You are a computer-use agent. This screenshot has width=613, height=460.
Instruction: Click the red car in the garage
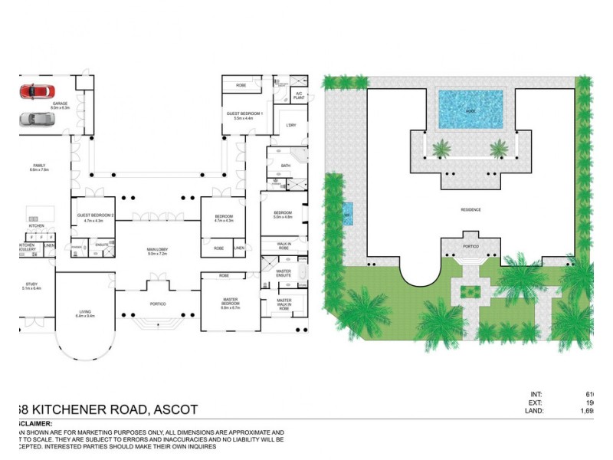click(36, 91)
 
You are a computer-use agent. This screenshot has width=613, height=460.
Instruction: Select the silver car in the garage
click(33, 119)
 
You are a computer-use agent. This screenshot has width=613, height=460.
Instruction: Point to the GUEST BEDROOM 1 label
click(244, 113)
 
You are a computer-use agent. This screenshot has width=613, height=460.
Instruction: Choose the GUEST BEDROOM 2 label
click(96, 215)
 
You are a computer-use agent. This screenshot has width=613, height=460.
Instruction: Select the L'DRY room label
click(290, 125)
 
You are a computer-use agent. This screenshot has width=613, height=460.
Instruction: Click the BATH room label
click(286, 166)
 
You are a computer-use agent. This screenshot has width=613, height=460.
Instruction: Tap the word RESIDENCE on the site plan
click(470, 209)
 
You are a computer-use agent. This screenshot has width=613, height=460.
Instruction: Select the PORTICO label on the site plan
click(470, 246)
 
